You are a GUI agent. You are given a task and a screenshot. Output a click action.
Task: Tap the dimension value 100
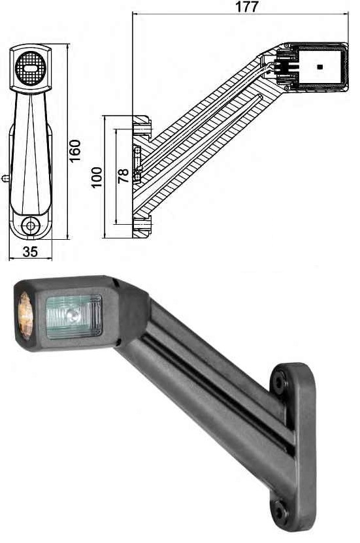pos(97,177)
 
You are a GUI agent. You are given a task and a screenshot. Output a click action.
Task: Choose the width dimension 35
pos(29,252)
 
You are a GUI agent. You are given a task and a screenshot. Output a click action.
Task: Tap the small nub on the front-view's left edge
pos(5,177)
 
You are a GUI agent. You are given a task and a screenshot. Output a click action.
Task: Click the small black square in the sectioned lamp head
pos(319,67)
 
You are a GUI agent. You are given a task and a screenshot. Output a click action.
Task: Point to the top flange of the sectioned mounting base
pos(142,125)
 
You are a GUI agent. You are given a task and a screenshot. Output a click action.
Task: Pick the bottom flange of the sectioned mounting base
pos(142,226)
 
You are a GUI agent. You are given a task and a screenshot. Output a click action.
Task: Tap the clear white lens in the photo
pos(73,316)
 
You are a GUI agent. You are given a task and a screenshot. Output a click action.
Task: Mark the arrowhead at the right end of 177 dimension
pos(348,14)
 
